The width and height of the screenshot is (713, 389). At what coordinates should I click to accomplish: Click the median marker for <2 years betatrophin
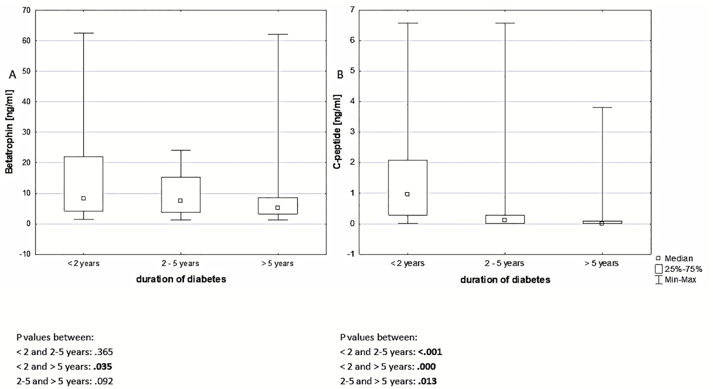(83, 198)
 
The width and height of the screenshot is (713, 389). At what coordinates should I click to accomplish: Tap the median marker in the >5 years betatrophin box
(278, 208)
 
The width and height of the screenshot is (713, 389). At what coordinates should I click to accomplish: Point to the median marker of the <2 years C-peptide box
(407, 194)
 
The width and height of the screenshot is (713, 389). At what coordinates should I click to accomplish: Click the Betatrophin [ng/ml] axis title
(9, 132)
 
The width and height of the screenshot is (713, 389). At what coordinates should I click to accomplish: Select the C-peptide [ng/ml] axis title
(338, 132)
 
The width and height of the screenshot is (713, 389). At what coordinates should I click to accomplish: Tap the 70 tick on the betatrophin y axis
(26, 10)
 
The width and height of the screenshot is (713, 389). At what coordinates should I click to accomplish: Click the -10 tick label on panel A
(25, 254)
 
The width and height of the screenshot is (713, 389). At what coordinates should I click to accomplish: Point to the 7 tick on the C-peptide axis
(352, 10)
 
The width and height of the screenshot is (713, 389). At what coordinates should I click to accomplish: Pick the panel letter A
(13, 75)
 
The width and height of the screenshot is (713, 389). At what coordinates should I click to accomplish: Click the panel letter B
(340, 75)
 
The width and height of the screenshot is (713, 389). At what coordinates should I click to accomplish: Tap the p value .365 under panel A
(104, 352)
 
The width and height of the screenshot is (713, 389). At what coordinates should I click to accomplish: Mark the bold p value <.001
(430, 352)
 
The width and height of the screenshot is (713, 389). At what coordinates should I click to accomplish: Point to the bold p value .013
(427, 381)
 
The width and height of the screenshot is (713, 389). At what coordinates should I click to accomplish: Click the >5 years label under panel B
(601, 263)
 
